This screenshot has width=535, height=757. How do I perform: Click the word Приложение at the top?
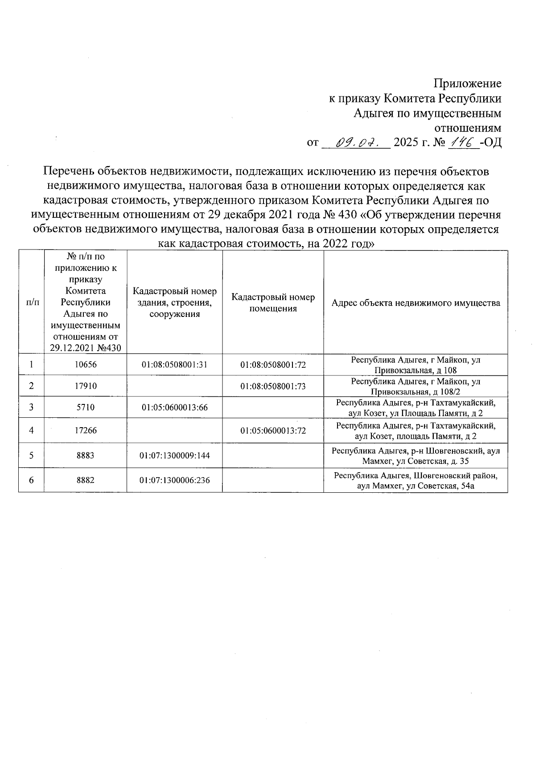tap(468, 83)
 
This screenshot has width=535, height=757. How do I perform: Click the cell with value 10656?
tap(86, 365)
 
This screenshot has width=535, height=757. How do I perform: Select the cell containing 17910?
tap(86, 386)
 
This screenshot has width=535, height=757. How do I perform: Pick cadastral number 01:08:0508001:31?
tap(175, 365)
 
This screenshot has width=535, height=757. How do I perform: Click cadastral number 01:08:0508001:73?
tap(273, 386)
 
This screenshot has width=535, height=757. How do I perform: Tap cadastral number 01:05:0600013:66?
tap(175, 408)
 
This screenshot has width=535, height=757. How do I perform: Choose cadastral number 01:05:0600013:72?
tap(273, 431)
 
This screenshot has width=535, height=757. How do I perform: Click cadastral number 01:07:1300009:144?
tap(175, 456)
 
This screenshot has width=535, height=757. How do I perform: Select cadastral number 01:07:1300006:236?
tap(175, 480)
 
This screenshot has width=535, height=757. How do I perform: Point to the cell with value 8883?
tap(86, 456)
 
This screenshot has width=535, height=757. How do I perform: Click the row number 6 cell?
tap(31, 480)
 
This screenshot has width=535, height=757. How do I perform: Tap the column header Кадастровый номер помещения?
tap(273, 303)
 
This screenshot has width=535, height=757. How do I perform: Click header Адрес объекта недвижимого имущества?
tap(416, 303)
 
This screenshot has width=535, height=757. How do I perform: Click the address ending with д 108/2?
tap(416, 387)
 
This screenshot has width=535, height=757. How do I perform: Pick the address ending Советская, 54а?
tap(416, 481)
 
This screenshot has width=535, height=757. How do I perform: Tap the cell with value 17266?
tap(86, 431)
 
